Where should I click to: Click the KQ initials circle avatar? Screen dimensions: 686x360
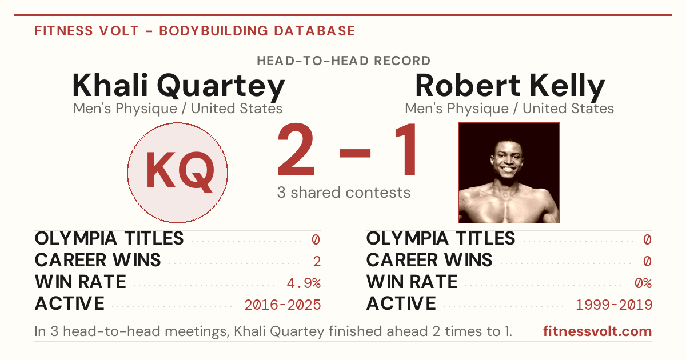click(x=177, y=173)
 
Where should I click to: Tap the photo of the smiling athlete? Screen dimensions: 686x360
click(x=509, y=173)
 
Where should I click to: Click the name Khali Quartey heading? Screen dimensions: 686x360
click(x=178, y=86)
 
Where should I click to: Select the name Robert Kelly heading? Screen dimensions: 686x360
click(x=510, y=86)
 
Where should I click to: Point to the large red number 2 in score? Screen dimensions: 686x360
click(x=296, y=149)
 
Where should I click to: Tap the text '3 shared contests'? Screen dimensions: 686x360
click(x=344, y=193)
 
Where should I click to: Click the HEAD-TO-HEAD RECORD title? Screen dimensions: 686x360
click(x=344, y=61)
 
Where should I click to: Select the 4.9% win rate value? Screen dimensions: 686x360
click(x=304, y=283)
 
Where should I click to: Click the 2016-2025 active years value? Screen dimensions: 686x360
click(x=282, y=305)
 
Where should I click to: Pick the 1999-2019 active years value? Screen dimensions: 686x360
click(x=614, y=305)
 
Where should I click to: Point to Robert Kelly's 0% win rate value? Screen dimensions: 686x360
click(x=643, y=283)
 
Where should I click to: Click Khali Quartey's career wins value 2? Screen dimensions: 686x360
click(x=317, y=261)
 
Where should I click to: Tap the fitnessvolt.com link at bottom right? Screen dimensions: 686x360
click(x=597, y=331)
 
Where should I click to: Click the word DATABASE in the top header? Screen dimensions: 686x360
click(x=314, y=31)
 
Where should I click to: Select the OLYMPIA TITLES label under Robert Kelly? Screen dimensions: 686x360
click(x=441, y=238)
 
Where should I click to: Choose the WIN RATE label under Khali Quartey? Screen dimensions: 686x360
click(x=81, y=282)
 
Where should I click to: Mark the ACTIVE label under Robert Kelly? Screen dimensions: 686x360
click(x=401, y=303)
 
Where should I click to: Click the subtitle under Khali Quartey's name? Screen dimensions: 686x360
click(x=178, y=109)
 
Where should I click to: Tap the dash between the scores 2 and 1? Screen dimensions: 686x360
click(x=355, y=153)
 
